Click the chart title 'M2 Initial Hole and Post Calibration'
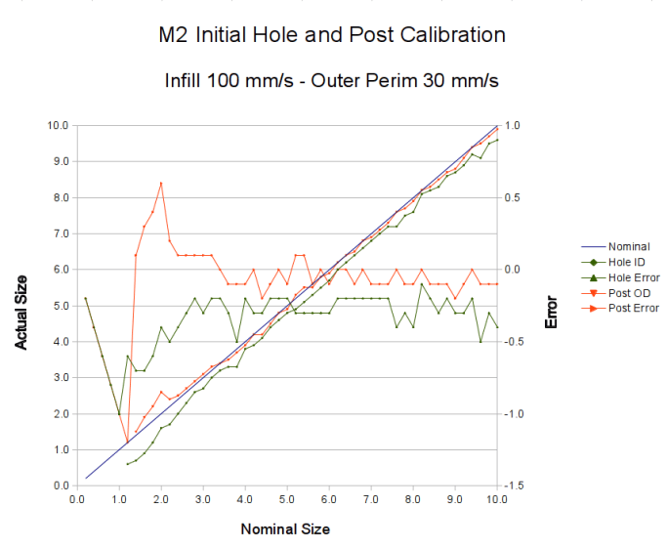332,36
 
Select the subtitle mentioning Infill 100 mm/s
332,81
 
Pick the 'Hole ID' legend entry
627,263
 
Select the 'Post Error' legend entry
633,308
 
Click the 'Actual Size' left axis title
21,306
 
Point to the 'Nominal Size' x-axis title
285,529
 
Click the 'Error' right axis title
552,306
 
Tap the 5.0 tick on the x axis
287,499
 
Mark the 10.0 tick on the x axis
496,499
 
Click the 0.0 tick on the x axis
78,499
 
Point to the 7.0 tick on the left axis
58,233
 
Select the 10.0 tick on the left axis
56,125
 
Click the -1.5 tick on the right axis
513,486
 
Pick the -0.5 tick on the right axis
513,342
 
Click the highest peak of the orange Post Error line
161,183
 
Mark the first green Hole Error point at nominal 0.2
86,298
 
